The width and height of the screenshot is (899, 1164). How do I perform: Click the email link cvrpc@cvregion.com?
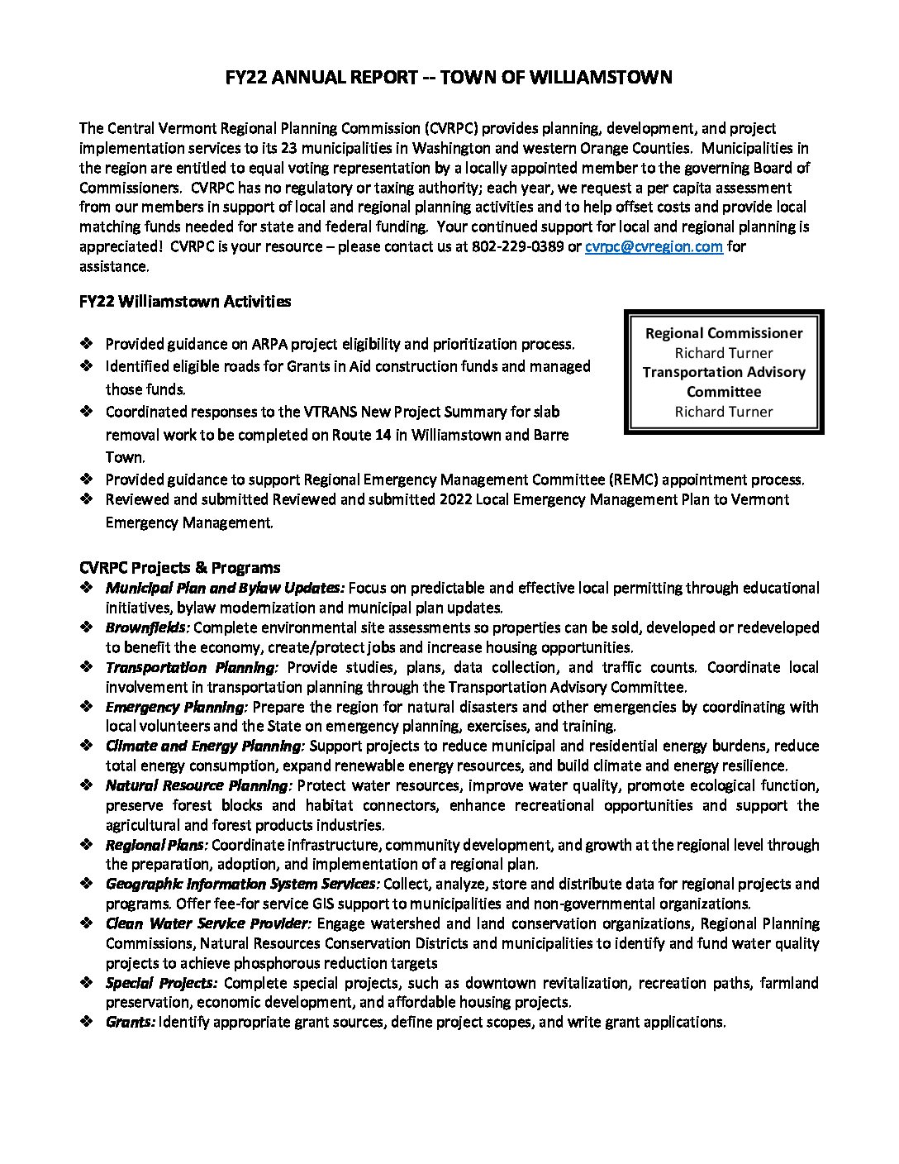654,246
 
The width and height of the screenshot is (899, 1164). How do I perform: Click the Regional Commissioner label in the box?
724,333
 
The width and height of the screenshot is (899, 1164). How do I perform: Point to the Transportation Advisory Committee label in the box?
724,381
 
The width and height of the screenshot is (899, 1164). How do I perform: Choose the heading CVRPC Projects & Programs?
179,568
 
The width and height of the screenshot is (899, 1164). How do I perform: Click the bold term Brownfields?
147,628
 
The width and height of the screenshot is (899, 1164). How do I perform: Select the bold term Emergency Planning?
176,707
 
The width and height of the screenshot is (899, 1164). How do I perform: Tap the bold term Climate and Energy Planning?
205,747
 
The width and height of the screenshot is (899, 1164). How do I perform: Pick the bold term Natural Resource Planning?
198,786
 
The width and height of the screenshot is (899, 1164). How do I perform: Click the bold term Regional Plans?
157,845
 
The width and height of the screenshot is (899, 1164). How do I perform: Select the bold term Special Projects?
161,983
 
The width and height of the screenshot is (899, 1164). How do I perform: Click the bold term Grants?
131,1023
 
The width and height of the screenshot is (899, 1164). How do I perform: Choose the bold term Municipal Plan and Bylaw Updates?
225,589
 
